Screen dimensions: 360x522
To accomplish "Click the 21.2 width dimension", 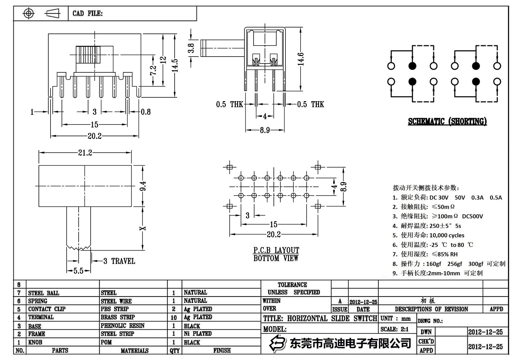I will click(x=85, y=153).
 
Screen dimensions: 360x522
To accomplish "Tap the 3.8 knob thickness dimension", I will click(x=191, y=48).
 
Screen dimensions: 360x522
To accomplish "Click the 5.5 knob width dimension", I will click(x=78, y=271).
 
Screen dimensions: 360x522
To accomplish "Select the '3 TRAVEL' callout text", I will click(x=119, y=261).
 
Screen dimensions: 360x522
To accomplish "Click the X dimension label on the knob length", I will click(x=143, y=228).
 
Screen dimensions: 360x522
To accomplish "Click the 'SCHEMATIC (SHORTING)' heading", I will click(x=447, y=121).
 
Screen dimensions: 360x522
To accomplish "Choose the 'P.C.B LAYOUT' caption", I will click(x=276, y=250).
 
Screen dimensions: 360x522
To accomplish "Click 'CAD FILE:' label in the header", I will click(x=87, y=14).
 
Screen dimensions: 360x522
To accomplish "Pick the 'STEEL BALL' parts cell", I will click(x=44, y=293).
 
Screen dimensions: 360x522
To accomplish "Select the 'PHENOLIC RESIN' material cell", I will click(x=123, y=326).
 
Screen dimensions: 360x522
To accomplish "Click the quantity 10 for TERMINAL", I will click(x=174, y=317).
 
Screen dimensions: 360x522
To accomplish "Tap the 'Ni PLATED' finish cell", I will click(x=198, y=333).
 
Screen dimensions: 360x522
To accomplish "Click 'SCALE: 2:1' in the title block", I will click(x=394, y=329).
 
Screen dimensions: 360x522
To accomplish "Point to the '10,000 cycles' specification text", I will click(x=447, y=235).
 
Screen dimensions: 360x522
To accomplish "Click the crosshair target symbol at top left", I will click(x=29, y=14).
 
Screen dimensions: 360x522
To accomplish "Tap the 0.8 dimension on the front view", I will click(x=146, y=112).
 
